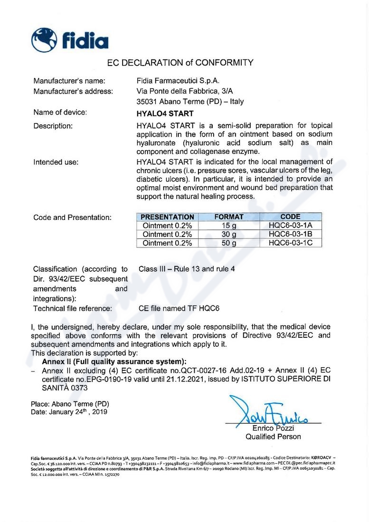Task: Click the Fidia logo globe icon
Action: pos(44,40)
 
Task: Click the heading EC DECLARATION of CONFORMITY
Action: pos(180,62)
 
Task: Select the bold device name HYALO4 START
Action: pos(165,114)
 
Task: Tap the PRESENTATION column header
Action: pos(168,217)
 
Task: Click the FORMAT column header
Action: pos(229,217)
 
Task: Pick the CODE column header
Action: pos(290,217)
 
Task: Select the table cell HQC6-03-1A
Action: pos(290,226)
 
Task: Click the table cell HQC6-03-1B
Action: pos(290,234)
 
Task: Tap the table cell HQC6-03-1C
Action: pos(290,243)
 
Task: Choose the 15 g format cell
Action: pos(229,226)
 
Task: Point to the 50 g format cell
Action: pos(229,243)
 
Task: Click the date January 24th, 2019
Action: pos(78,412)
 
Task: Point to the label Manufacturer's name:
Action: pos(69,81)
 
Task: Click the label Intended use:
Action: pos(56,162)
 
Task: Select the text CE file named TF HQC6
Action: pos(179,309)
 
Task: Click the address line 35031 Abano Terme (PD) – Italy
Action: pos(190,101)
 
